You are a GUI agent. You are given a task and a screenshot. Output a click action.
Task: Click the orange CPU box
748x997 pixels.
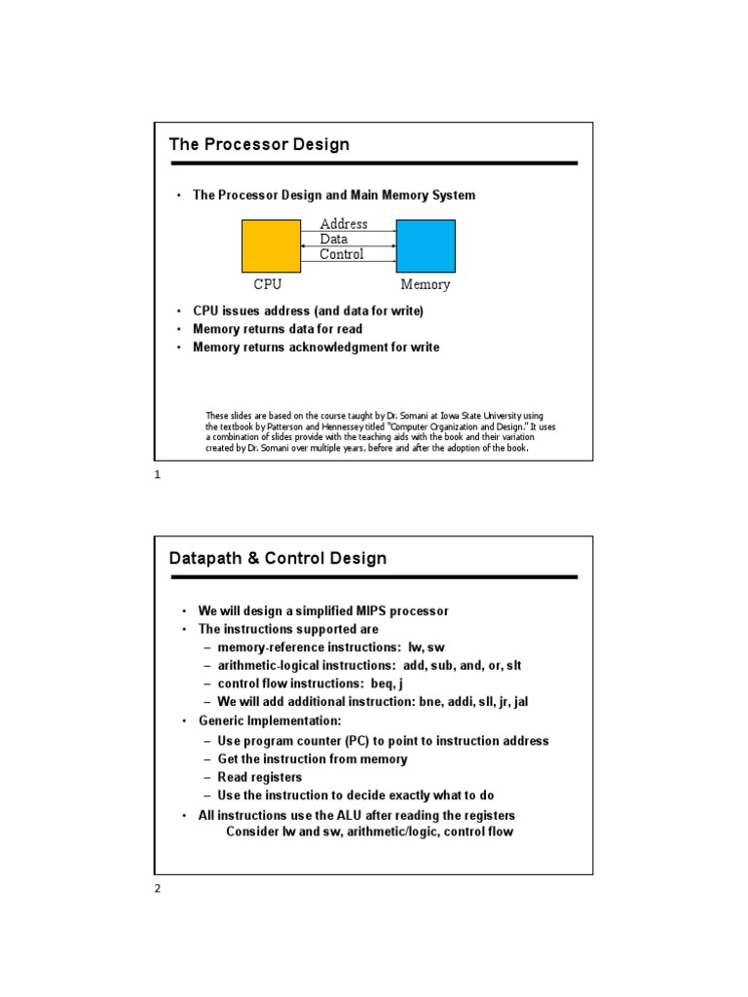click(271, 246)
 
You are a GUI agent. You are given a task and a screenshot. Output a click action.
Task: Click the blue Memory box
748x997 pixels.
click(426, 246)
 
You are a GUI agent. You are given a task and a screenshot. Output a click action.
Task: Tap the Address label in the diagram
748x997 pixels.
click(344, 224)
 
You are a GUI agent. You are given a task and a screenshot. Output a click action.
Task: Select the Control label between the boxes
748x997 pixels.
click(342, 254)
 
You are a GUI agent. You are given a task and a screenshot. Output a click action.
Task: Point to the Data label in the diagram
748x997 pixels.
click(333, 239)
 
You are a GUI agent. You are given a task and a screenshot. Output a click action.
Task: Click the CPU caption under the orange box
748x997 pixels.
click(268, 285)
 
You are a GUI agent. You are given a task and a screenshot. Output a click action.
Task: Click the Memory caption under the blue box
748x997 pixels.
click(426, 285)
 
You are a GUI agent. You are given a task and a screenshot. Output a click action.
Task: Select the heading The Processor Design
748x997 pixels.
click(259, 145)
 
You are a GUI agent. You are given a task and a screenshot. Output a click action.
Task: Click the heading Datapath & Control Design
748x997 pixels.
click(278, 559)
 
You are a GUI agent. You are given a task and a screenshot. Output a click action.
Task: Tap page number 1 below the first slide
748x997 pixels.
click(158, 475)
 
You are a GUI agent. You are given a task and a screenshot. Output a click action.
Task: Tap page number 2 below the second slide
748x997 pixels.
click(158, 888)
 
